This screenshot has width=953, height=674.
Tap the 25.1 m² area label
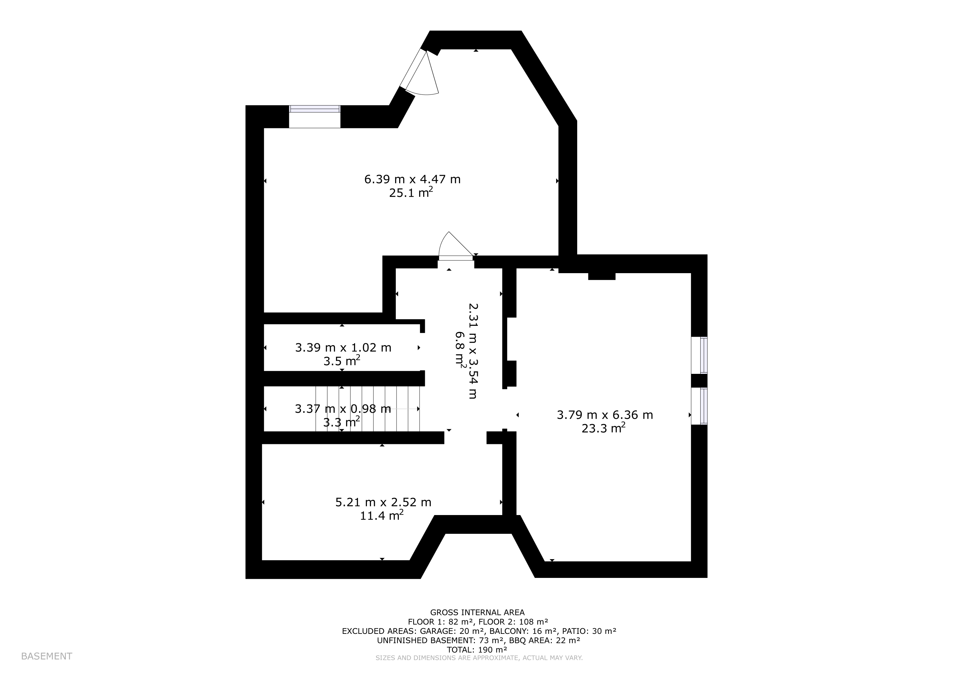[x=411, y=193]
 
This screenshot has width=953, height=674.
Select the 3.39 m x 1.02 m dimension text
[x=343, y=348]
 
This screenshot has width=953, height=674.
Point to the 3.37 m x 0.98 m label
[x=343, y=409]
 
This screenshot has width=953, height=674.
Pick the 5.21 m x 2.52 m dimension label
[x=383, y=502]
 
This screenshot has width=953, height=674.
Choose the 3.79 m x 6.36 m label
[x=605, y=415]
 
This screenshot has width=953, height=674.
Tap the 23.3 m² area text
[x=603, y=428]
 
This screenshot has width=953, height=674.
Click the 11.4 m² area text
[x=381, y=515]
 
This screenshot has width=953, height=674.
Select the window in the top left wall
[x=315, y=109]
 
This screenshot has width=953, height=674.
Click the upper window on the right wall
[x=703, y=355]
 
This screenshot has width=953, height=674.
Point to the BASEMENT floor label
[x=46, y=656]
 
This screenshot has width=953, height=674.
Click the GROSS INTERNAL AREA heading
[x=477, y=612]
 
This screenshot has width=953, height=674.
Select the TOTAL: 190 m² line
[x=477, y=650]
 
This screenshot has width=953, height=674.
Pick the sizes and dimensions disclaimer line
[x=479, y=658]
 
